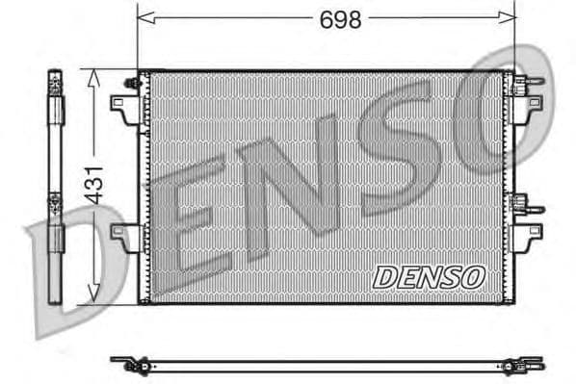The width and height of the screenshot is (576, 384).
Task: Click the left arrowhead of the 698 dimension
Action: click(144, 16)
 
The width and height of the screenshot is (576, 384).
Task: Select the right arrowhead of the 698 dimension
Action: click(510, 16)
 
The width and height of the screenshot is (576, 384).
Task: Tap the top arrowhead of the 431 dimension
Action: click(92, 76)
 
